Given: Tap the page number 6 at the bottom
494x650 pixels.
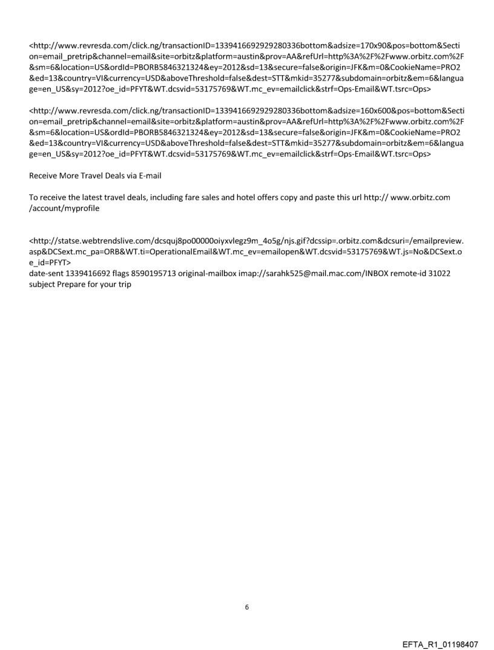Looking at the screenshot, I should click(246, 590).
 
